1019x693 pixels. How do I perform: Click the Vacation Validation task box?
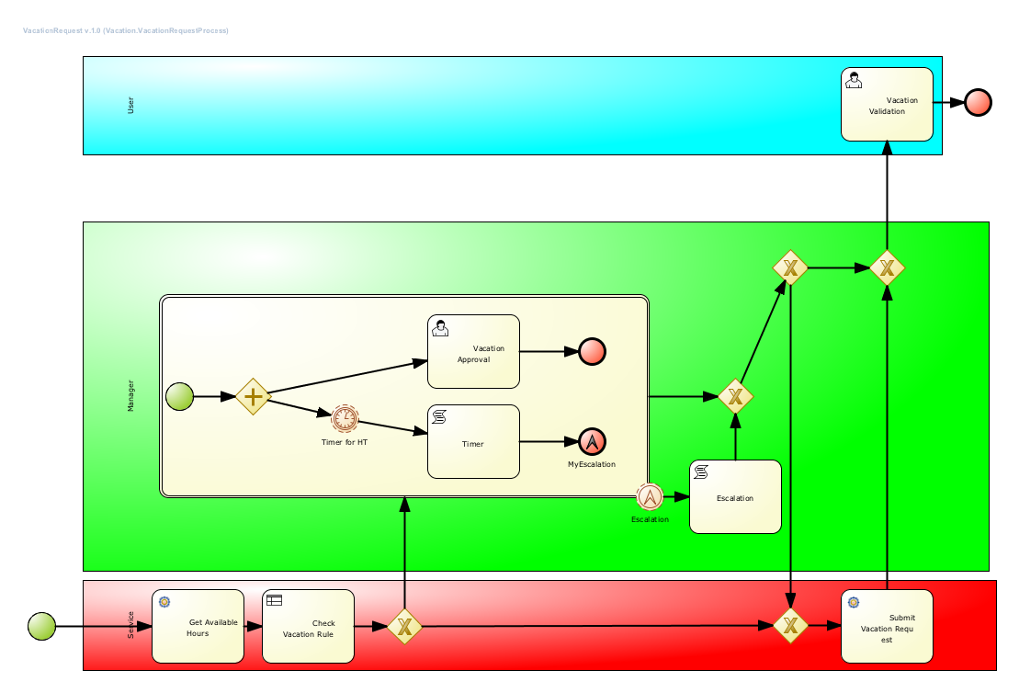tap(887, 104)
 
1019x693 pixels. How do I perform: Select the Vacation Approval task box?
tap(473, 352)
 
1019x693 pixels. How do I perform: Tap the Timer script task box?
tap(473, 442)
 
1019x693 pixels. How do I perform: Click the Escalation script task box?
tap(735, 497)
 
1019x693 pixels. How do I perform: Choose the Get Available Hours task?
tap(198, 627)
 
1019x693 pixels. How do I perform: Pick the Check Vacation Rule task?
tap(308, 627)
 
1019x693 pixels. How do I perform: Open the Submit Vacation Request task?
tap(887, 627)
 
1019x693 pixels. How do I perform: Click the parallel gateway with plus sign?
tap(253, 397)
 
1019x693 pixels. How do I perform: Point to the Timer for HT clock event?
tap(345, 419)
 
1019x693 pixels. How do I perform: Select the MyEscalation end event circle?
tap(592, 442)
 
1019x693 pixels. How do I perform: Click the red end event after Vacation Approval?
tap(592, 351)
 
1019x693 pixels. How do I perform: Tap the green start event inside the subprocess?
tap(179, 397)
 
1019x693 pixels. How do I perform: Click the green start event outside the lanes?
tap(41, 627)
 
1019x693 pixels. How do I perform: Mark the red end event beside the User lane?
tap(978, 102)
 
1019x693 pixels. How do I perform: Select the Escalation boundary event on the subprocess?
tap(650, 497)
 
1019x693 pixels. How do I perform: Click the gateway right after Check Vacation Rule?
tap(403, 627)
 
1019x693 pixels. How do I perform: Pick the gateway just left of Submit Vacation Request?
tap(790, 626)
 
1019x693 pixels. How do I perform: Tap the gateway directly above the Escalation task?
tap(735, 397)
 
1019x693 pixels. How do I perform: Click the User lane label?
tap(130, 105)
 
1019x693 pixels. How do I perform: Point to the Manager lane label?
tap(130, 395)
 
